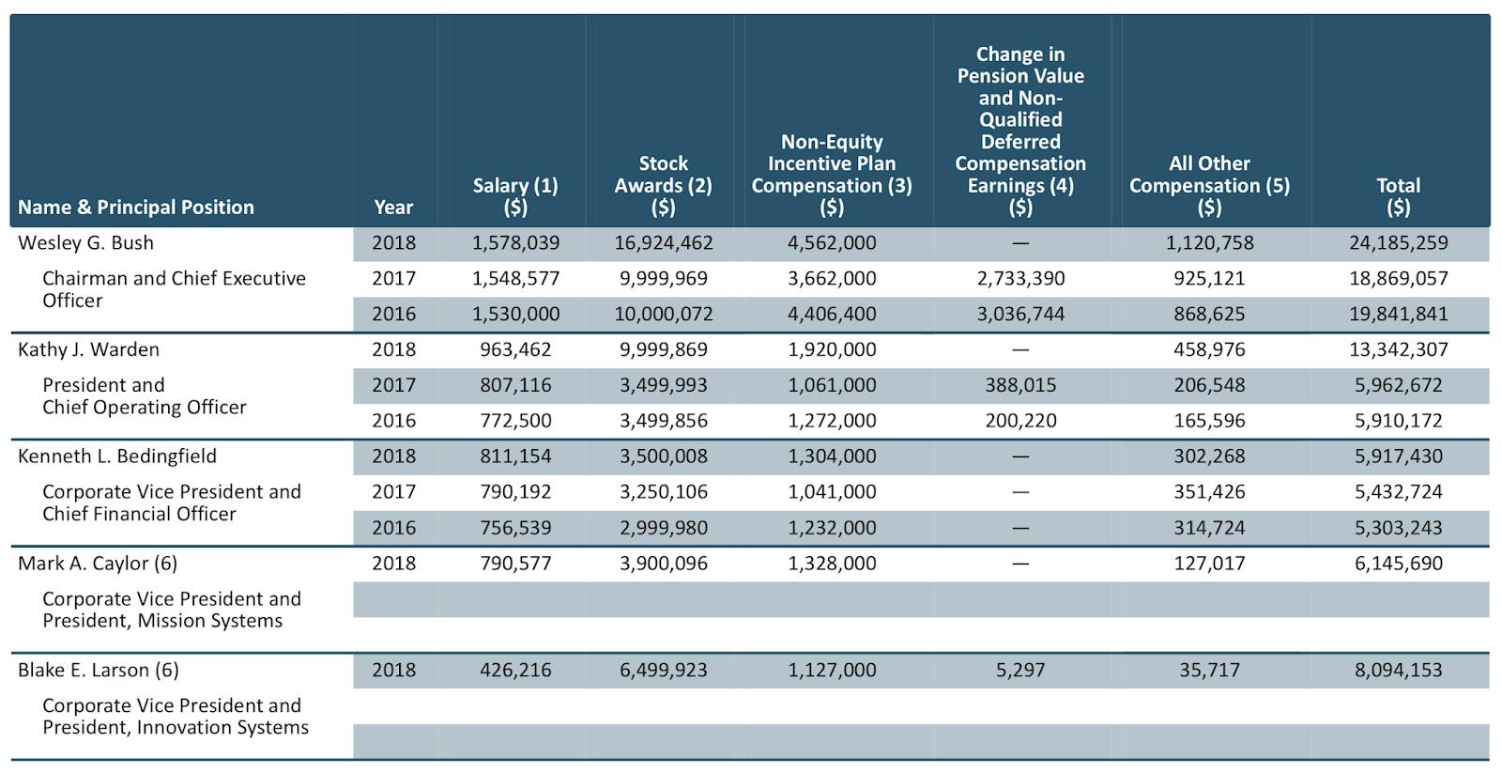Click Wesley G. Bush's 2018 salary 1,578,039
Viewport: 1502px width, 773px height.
(515, 243)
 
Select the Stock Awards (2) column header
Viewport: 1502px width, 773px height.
(663, 185)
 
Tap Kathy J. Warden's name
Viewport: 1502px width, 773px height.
(88, 349)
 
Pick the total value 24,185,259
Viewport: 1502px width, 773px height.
(1398, 243)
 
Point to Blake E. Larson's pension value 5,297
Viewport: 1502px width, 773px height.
(1020, 670)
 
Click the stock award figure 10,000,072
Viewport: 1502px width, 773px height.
(663, 314)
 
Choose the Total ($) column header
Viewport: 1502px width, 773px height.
(1398, 196)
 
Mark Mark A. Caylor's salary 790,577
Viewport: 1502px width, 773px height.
(515, 563)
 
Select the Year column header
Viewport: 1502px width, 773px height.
(393, 207)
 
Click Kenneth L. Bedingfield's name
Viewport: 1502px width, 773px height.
(117, 456)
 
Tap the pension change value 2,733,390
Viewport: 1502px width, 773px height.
(1020, 278)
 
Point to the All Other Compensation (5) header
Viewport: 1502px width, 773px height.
(1210, 185)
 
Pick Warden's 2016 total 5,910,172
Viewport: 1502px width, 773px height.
(1398, 421)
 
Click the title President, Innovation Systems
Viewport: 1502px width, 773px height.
(176, 727)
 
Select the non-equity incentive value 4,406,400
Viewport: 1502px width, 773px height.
(832, 314)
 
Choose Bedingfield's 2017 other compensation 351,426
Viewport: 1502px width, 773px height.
(1210, 492)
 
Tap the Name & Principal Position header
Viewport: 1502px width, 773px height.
(136, 208)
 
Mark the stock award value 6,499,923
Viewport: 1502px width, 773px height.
(663, 670)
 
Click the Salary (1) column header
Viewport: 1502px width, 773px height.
(515, 196)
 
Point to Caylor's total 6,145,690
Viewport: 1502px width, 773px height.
(1398, 563)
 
